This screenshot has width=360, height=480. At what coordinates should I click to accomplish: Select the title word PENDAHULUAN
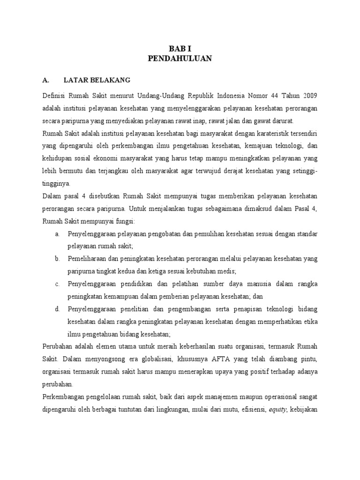[x=180, y=59]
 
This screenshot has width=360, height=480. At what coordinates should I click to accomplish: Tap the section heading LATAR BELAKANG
[x=97, y=80]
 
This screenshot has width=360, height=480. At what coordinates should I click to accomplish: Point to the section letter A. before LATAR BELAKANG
[x=45, y=80]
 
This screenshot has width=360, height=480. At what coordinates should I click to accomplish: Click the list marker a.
[x=57, y=233]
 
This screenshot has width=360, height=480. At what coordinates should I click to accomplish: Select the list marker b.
[x=57, y=259]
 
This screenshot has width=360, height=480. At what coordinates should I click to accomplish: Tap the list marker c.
[x=57, y=284]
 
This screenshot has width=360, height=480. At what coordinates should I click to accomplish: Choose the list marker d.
[x=57, y=309]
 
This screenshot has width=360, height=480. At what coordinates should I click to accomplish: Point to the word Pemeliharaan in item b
[x=88, y=259]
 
